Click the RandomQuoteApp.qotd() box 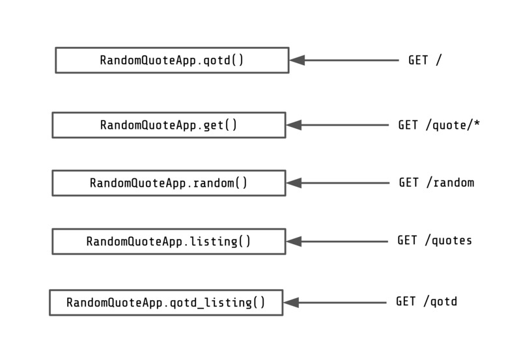172,60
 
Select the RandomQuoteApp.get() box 169,125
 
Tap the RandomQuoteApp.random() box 169,183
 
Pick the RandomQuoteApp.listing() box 169,242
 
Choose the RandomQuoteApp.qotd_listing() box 166,303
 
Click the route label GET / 425,60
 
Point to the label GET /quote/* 439,125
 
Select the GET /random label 436,183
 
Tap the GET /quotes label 434,241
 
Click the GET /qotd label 427,302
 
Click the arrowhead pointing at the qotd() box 297,60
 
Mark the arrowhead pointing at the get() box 294,125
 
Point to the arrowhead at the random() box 294,183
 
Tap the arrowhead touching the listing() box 294,242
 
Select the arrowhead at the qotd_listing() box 291,303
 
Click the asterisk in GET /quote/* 477,124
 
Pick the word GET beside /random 409,183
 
